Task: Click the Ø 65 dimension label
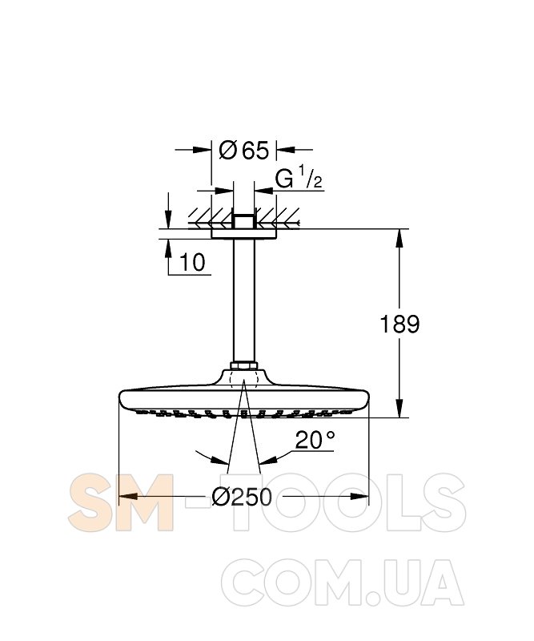click(x=244, y=151)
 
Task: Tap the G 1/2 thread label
click(x=299, y=179)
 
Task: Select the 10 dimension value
click(x=192, y=262)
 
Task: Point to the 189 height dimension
click(x=399, y=325)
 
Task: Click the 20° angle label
click(x=315, y=440)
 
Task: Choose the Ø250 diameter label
click(x=242, y=497)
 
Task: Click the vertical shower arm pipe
click(x=243, y=300)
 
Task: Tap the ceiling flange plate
click(x=243, y=233)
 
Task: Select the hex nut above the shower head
click(x=243, y=365)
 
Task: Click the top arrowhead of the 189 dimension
click(x=399, y=238)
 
